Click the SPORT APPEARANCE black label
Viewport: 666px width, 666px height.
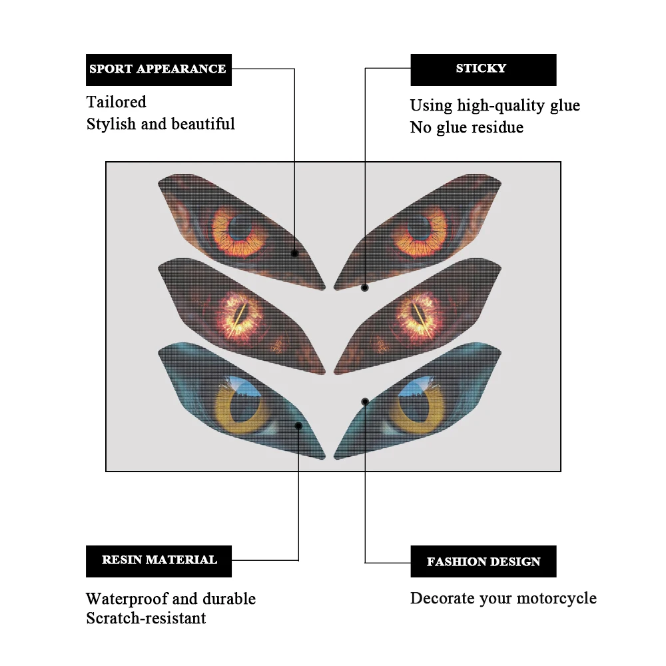[x=159, y=69]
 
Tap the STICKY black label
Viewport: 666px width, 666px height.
[x=483, y=69]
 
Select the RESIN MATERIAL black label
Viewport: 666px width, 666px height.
[x=159, y=561]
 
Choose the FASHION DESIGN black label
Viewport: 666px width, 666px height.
[x=483, y=561]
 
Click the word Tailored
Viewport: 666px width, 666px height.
[x=116, y=103]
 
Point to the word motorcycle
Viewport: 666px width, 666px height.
[x=554, y=599]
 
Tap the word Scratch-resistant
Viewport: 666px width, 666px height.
[x=146, y=619]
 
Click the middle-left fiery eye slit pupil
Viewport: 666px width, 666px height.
[x=238, y=312]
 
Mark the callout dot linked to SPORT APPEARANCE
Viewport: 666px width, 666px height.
[x=294, y=253]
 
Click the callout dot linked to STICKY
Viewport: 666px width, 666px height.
[x=365, y=288]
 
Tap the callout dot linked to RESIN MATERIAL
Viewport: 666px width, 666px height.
[x=298, y=426]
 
